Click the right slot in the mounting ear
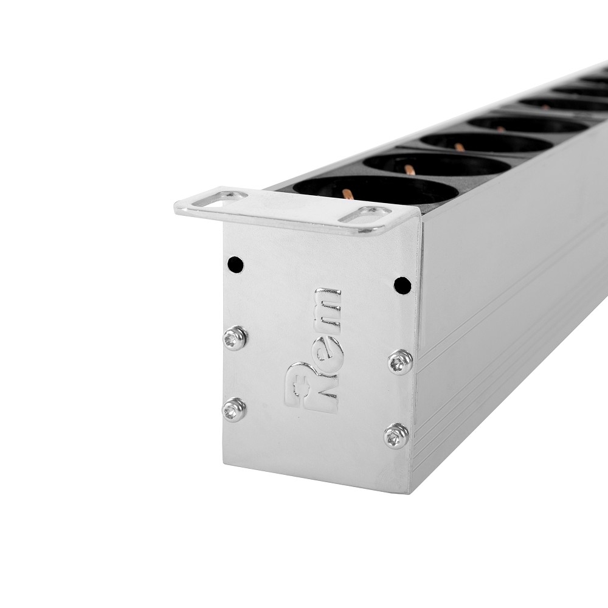point(365,215)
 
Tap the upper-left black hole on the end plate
point(235,265)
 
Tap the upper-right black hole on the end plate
point(402,285)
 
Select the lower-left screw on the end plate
point(235,409)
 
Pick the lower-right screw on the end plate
point(396,436)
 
